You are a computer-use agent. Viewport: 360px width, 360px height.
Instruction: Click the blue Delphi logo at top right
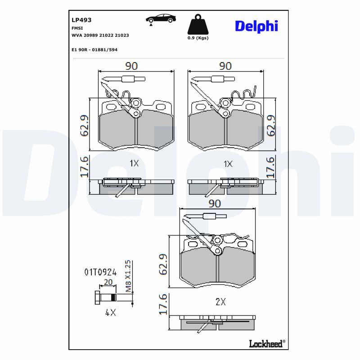[256, 26]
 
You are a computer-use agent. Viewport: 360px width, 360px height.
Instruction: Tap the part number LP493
[81, 20]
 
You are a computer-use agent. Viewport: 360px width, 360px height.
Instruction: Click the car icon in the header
[160, 19]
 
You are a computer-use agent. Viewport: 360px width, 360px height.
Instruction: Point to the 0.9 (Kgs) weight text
[198, 38]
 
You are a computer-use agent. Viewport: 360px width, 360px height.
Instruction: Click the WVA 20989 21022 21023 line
[100, 35]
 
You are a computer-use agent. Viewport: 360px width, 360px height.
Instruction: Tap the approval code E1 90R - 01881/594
[94, 49]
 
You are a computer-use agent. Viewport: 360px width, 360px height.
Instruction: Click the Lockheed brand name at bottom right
[266, 344]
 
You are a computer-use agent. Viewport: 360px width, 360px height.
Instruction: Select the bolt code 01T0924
[100, 272]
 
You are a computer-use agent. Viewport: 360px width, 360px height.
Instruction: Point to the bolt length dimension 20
[108, 282]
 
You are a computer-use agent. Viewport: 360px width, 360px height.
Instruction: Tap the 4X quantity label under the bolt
[110, 313]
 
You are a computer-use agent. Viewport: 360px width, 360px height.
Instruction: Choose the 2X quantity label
[220, 302]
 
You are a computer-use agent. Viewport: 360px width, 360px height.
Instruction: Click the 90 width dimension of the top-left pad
[131, 66]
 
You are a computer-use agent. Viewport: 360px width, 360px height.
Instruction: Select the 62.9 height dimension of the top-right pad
[271, 126]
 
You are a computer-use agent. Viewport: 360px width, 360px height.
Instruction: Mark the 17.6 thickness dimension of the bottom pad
[163, 304]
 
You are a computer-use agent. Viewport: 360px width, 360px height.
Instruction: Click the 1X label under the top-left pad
[134, 164]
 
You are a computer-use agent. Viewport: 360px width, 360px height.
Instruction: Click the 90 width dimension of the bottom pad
[215, 203]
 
